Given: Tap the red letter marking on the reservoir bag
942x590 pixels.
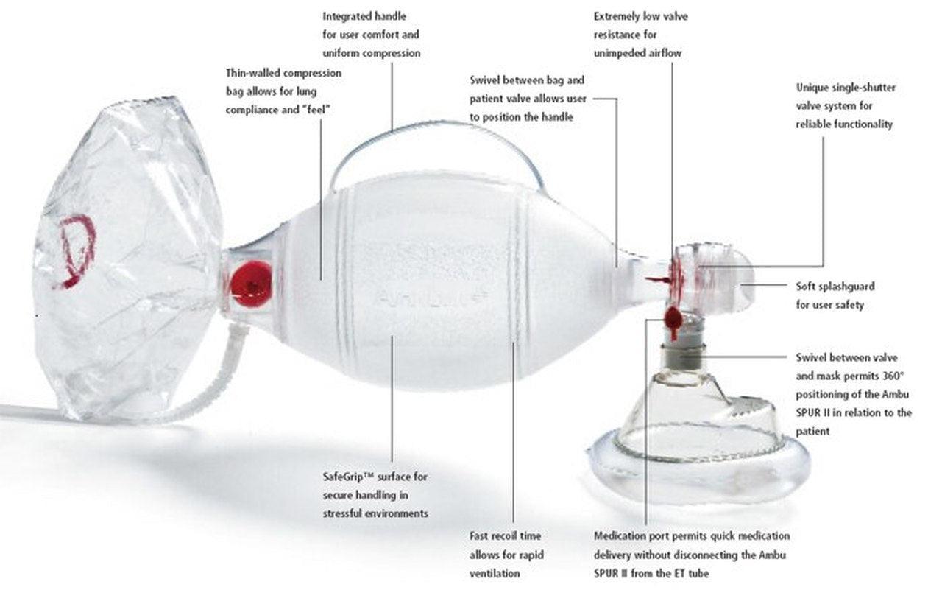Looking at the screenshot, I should point(77,250).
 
